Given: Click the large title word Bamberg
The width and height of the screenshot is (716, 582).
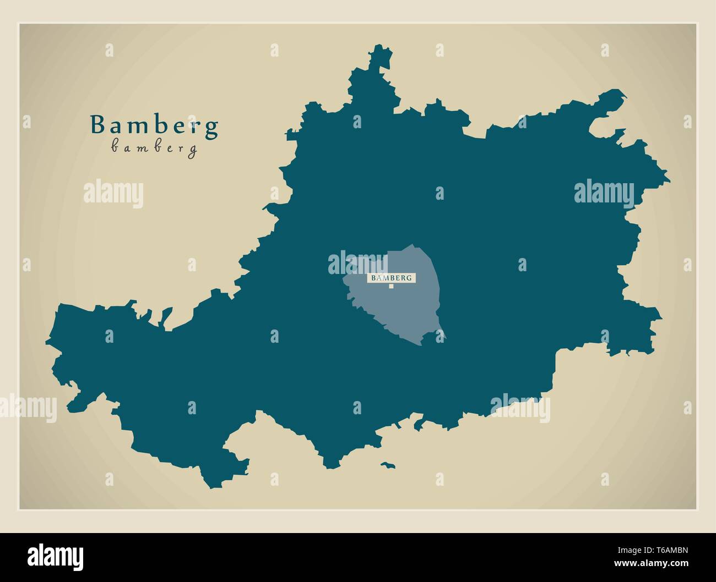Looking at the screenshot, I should coord(154,126).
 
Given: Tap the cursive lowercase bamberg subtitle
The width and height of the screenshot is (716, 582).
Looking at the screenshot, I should coord(154,148).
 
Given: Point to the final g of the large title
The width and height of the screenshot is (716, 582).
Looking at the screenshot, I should coord(211,128).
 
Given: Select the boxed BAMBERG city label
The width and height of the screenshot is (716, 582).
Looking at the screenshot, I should coord(391,278).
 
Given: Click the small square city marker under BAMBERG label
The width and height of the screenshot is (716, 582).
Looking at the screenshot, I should coord(391,286).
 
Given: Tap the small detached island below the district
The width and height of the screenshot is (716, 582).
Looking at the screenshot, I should coord(388,465).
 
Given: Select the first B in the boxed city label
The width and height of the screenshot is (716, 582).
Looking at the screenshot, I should coord(373,278).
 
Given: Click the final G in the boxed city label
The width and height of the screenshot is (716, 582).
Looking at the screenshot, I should coord(409,278).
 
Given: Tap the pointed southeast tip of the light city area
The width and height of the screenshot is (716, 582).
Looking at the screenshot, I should coord(445,337).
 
